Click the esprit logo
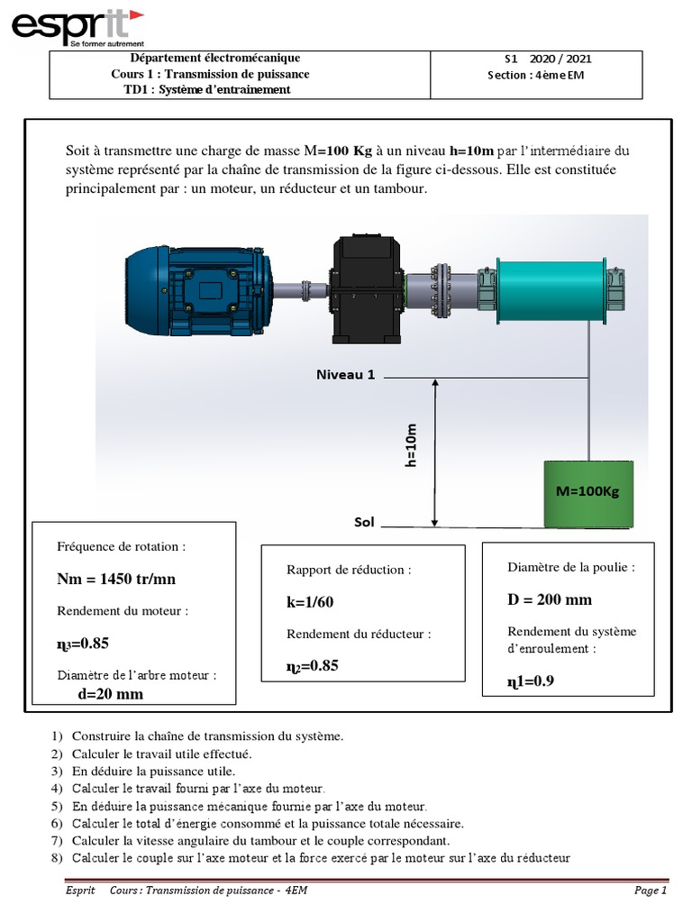[77, 26]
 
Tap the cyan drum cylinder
[551, 289]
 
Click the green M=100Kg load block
[587, 492]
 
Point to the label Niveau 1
[345, 374]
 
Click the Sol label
[364, 522]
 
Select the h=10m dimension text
[412, 445]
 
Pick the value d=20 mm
[110, 694]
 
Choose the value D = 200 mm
[550, 599]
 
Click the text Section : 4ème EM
[535, 75]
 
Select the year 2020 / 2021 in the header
[567, 59]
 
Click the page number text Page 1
[650, 891]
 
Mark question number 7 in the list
[57, 840]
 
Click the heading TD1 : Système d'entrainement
[207, 89]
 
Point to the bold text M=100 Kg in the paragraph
[338, 150]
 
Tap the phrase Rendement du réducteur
[359, 634]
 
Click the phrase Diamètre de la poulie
[571, 567]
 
